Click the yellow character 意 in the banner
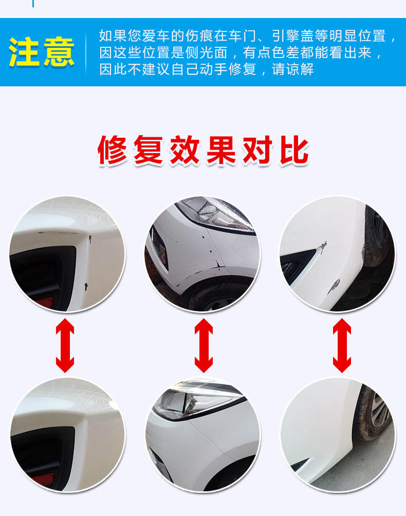click(59, 52)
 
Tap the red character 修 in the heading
click(112, 150)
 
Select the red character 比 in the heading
click(294, 150)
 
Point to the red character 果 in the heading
click(221, 150)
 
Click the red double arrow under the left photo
click(65, 345)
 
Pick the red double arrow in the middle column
click(204, 345)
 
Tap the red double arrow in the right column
click(342, 345)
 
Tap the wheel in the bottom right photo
click(375, 411)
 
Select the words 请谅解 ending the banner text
click(292, 69)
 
